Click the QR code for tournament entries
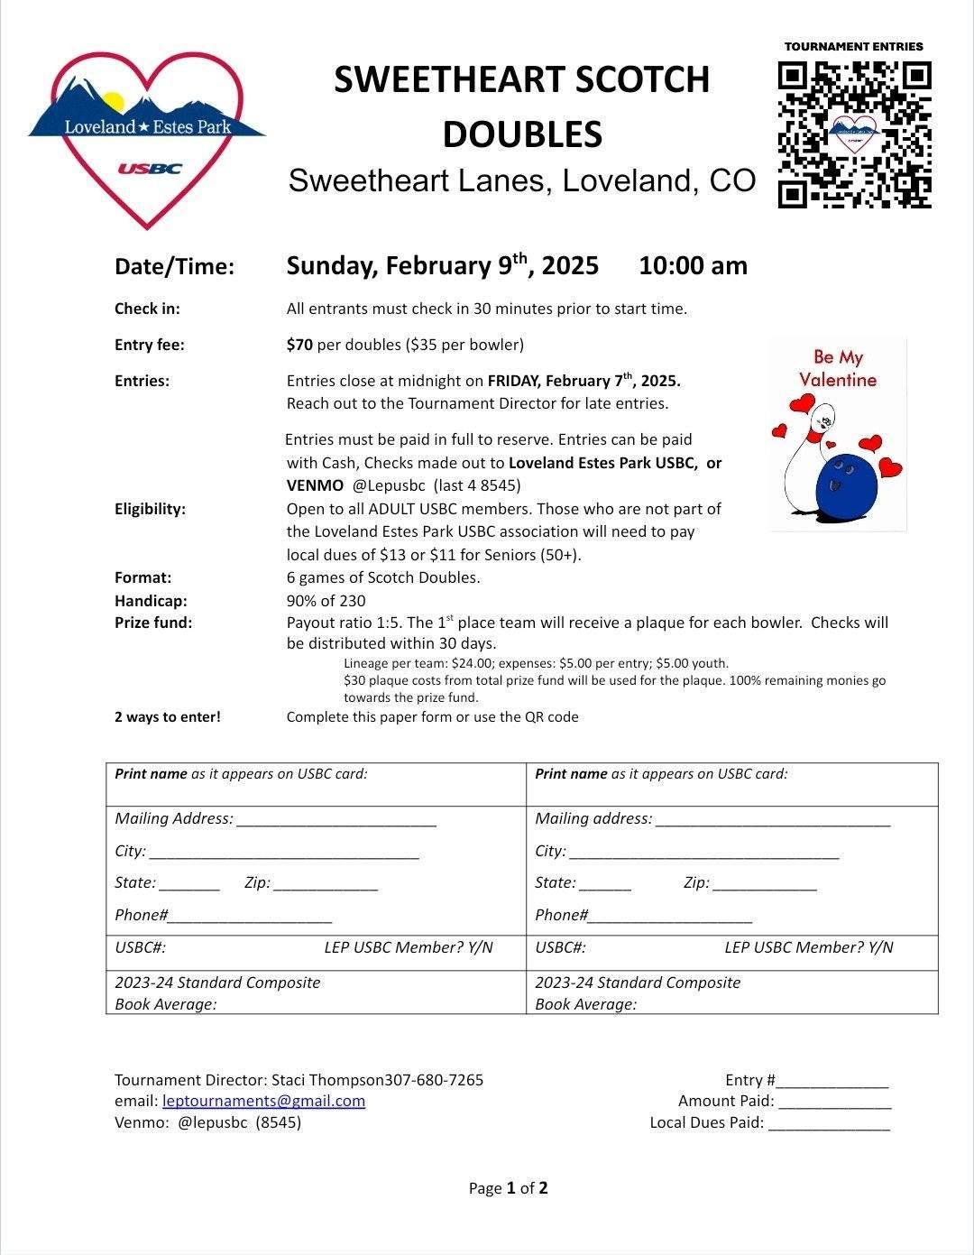(x=854, y=134)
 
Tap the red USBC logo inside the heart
(x=150, y=169)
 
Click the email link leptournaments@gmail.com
(x=263, y=1101)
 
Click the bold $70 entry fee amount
(x=299, y=345)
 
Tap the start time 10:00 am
(x=693, y=266)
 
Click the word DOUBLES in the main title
(x=522, y=134)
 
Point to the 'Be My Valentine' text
(x=838, y=368)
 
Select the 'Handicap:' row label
(x=151, y=601)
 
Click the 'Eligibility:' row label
(x=150, y=509)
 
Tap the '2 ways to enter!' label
(x=167, y=717)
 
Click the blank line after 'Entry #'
(x=832, y=1081)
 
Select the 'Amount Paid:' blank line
(x=835, y=1102)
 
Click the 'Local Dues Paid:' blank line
(x=829, y=1123)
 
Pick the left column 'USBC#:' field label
(x=140, y=947)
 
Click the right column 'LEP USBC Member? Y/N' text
(x=808, y=947)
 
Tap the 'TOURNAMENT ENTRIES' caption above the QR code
(x=853, y=46)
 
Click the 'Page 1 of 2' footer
(x=508, y=1188)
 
